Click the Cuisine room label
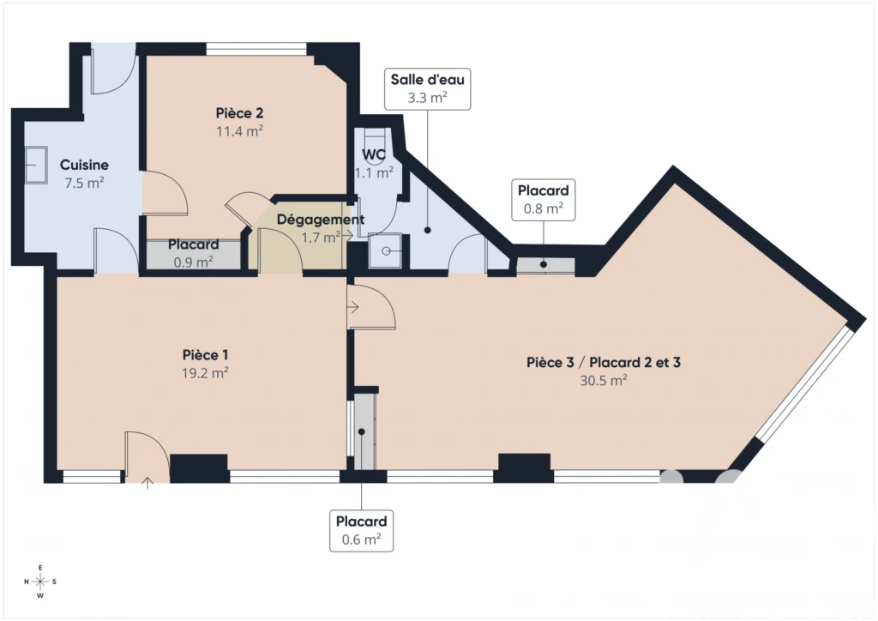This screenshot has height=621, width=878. coord(84,165)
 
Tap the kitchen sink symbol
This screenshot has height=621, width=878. coord(36,165)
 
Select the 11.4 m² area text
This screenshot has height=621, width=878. coord(240,131)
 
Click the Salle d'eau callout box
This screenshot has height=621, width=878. coord(427,89)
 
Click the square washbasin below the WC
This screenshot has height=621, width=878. coord(385,250)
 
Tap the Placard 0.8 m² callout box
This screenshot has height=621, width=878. coord(543,200)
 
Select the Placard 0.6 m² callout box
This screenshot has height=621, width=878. coord(361,531)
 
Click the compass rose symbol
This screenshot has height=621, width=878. coord(40,582)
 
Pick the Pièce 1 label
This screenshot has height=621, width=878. coord(205,355)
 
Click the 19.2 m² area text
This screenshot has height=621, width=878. coord(205,373)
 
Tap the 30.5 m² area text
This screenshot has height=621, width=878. coord(603,381)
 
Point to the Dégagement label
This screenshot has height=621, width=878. coord(321,220)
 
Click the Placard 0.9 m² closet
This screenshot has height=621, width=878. coord(194,254)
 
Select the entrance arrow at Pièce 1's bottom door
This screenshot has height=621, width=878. coord(147,483)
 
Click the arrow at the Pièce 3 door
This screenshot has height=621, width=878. coord(352,307)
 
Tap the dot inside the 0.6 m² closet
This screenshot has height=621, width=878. coord(362,431)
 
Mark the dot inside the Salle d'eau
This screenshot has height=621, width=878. coord(427,230)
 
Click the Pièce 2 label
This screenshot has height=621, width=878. coord(240,113)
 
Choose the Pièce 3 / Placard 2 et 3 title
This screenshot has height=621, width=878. coord(603,363)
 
